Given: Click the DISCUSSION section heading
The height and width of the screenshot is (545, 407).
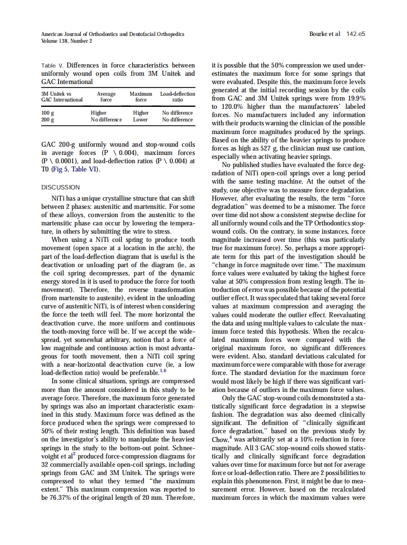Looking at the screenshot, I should (61, 187).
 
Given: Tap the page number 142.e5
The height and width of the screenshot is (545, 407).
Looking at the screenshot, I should (356, 34).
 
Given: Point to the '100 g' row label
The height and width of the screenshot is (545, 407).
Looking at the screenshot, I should (48, 113).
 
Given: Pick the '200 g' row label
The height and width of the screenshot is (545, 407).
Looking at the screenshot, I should (48, 119).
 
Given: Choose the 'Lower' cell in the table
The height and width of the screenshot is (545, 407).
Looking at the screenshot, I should (141, 119).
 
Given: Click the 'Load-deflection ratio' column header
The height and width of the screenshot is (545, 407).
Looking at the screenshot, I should (178, 97).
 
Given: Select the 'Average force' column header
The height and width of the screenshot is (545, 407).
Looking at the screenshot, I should (106, 97).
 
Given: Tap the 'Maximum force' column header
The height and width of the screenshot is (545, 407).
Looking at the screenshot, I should (141, 97).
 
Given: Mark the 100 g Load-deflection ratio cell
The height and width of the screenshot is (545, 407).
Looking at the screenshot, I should (178, 113).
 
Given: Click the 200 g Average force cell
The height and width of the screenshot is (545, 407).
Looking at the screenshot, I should (106, 119).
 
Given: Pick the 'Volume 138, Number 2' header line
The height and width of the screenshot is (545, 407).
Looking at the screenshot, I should (67, 41).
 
